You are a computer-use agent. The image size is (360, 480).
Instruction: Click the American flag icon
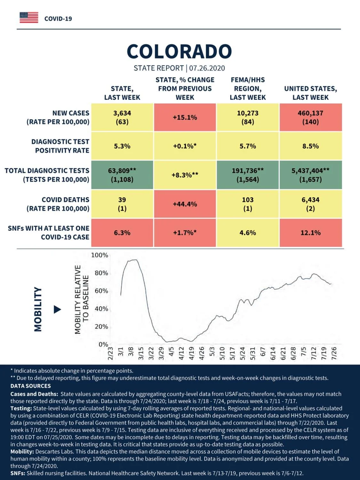[x=29, y=18]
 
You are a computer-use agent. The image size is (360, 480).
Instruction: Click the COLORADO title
[x=179, y=52]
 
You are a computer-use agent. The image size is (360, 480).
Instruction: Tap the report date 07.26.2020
[x=207, y=68]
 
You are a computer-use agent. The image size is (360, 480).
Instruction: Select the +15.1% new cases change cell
[x=185, y=117]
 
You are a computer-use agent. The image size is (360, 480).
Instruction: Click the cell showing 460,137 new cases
[x=311, y=117]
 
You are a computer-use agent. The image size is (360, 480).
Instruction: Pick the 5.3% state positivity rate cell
[x=122, y=146]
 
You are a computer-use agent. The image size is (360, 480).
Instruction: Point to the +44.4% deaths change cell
[x=185, y=204]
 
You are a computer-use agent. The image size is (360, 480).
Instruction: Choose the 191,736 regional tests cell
[x=248, y=175]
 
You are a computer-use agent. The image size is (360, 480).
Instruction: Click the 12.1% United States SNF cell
[x=311, y=233]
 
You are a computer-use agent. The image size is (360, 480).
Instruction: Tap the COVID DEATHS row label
[x=58, y=204]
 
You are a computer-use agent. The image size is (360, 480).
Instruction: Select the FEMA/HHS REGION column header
[x=248, y=89]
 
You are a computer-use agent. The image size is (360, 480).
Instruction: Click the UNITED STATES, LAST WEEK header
[x=311, y=93]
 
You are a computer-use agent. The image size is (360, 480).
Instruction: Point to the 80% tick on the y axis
[x=101, y=273]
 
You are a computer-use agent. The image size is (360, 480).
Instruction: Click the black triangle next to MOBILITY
[x=57, y=309]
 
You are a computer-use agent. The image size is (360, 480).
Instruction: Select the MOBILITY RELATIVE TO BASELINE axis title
[x=82, y=300]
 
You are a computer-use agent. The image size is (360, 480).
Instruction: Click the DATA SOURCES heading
[x=31, y=386]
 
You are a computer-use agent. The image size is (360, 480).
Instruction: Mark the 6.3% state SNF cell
[x=122, y=233]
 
